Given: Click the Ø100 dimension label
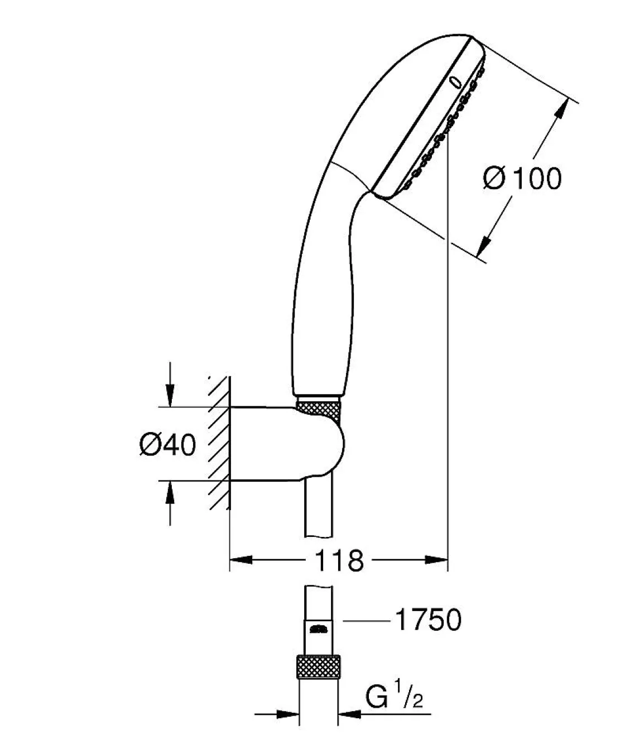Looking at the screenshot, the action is [x=522, y=178].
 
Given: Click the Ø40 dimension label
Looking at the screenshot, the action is [x=167, y=445].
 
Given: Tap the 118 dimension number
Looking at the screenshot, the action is [x=339, y=560].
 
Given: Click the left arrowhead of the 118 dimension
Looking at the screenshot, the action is [x=241, y=560].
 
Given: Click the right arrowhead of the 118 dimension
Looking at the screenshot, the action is [x=436, y=560].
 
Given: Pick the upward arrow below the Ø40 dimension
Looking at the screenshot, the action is [x=170, y=503].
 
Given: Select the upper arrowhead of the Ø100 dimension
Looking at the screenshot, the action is [x=562, y=108].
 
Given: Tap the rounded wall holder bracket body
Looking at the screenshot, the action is [x=287, y=444].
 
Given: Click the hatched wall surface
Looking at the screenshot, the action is [x=219, y=443].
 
